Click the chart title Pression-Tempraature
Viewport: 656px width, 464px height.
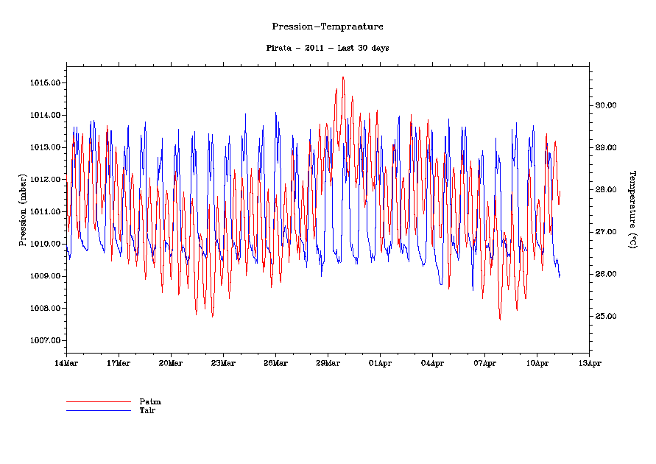(328, 27)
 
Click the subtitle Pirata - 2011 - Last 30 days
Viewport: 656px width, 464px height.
(328, 48)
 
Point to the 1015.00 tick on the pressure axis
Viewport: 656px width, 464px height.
(45, 82)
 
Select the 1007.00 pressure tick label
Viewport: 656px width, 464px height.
(45, 340)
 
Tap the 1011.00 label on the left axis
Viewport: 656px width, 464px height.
(45, 211)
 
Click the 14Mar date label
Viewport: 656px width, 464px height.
(66, 363)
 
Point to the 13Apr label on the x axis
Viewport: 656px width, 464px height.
(589, 363)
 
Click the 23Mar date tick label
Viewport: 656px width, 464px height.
(223, 363)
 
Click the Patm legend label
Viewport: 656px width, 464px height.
(150, 402)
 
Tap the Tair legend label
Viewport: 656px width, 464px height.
(147, 410)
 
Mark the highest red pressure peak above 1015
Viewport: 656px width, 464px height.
(343, 77)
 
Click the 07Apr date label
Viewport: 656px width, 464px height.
(484, 363)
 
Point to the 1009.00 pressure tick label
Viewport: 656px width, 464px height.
(45, 276)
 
